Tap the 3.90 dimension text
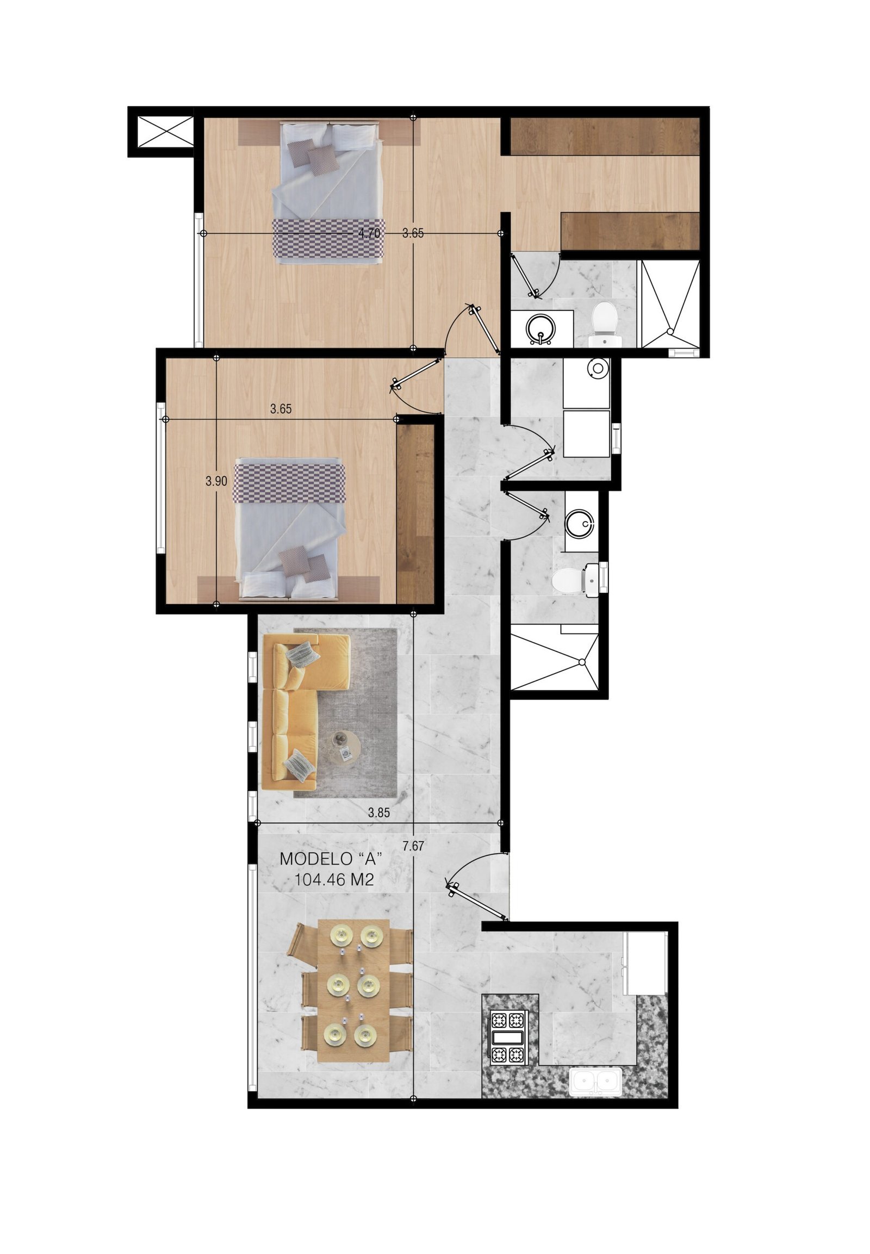click(x=216, y=480)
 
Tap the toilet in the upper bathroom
click(x=605, y=325)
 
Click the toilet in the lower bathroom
click(x=570, y=581)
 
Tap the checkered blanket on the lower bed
click(x=289, y=481)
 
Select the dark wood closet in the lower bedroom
click(x=415, y=513)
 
